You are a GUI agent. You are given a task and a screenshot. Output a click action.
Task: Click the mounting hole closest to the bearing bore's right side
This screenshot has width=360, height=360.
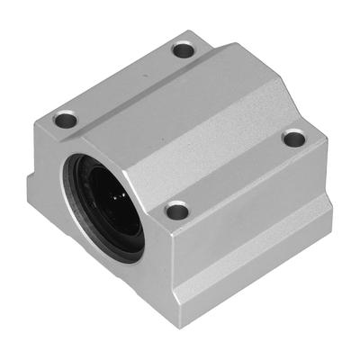pyautogui.click(x=177, y=211)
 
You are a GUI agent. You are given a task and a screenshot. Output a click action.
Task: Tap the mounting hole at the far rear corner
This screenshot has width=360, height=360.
pyautogui.click(x=184, y=49)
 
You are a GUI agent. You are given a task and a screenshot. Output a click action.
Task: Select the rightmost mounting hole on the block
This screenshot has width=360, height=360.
pyautogui.click(x=295, y=138)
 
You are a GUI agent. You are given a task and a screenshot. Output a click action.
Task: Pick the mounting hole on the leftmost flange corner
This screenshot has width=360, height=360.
pyautogui.click(x=66, y=119)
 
